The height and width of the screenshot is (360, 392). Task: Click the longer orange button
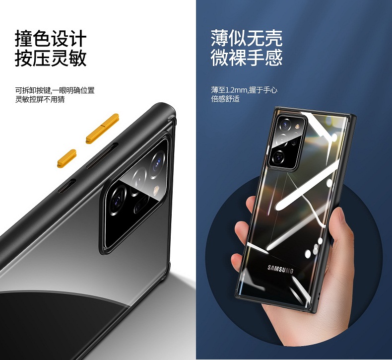102,129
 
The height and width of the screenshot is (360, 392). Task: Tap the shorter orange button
66,158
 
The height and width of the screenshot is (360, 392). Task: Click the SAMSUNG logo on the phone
280,269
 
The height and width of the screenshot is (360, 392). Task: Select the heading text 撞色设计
51,38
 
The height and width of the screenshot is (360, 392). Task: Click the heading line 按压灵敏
51,58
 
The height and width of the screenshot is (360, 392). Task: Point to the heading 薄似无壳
247,38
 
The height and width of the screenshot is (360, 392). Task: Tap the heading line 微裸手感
247,58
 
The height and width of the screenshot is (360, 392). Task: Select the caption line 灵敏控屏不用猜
40,100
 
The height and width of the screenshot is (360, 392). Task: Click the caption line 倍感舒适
225,99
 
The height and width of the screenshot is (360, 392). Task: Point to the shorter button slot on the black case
67,186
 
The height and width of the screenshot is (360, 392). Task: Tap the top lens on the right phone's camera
285,124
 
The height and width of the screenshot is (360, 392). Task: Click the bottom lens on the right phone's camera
278,156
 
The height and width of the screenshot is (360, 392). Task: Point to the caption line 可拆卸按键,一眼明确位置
55,90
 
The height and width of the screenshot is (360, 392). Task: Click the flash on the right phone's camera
298,126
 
